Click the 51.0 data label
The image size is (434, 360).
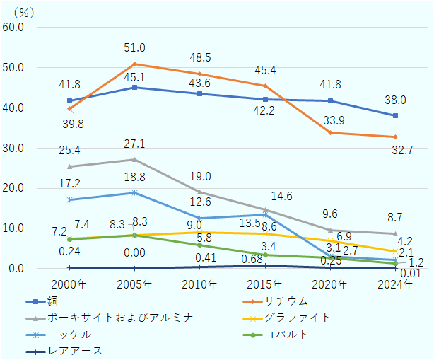tap(134, 48)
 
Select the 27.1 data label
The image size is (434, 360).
tap(134, 144)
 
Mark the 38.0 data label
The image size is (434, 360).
tap(395, 100)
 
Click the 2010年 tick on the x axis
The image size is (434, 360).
tap(200, 284)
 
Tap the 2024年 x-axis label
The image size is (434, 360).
tap(395, 284)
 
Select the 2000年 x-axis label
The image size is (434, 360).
tap(69, 284)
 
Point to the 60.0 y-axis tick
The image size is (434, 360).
tap(13, 28)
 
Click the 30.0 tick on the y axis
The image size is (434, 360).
tap(13, 149)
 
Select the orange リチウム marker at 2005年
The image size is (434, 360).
tap(134, 64)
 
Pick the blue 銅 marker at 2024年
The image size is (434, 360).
tap(395, 115)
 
